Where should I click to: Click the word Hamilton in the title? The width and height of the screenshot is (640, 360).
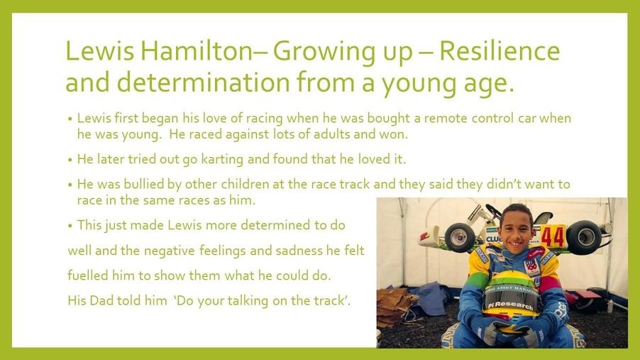click(x=197, y=50)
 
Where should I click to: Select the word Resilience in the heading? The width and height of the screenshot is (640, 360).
click(x=500, y=50)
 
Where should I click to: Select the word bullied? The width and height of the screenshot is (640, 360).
click(x=143, y=184)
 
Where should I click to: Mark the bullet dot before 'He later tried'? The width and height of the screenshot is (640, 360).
click(x=70, y=159)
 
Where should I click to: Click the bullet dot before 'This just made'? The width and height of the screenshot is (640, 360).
click(x=70, y=226)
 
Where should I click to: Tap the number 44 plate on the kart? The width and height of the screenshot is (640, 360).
click(x=553, y=236)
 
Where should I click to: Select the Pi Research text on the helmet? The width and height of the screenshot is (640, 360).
click(x=511, y=305)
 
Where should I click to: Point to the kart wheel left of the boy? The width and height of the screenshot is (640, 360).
click(x=460, y=237)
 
